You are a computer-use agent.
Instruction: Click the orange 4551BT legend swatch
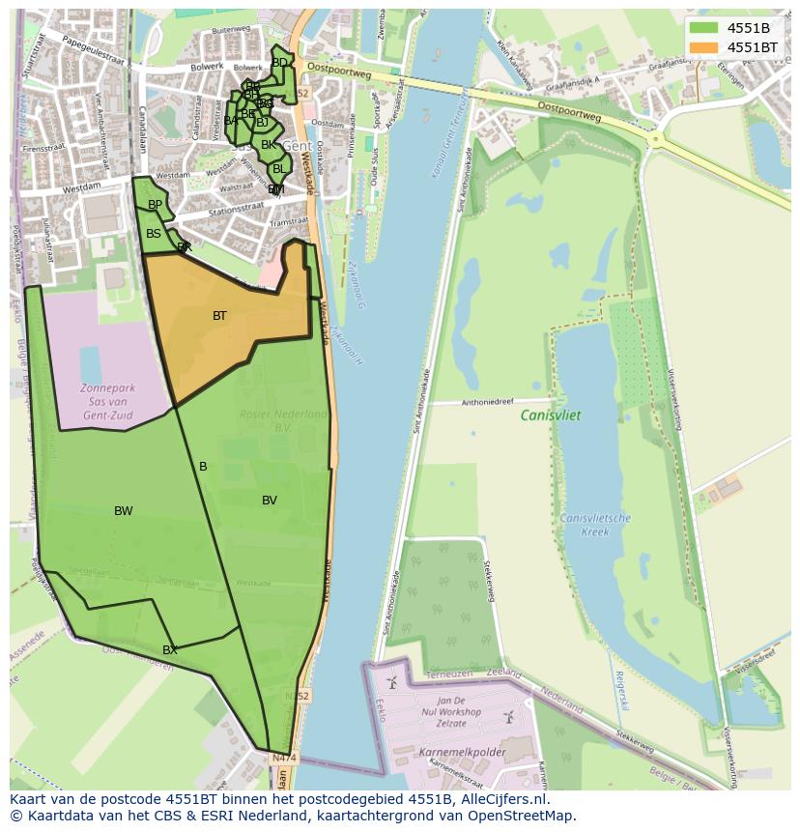(x=704, y=46)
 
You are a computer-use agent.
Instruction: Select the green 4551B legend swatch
(x=704, y=28)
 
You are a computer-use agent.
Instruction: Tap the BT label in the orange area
(x=219, y=316)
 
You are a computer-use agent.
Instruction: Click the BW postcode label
(x=123, y=511)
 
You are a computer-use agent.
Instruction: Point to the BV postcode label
(x=270, y=501)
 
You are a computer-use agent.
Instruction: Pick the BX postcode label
(x=169, y=650)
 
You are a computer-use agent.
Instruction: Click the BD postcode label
(x=279, y=63)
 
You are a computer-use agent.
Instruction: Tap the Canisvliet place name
(x=551, y=416)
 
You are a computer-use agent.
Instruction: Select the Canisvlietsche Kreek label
(x=595, y=525)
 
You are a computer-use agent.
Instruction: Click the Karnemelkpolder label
(x=461, y=751)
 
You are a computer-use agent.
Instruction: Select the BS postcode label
(x=154, y=234)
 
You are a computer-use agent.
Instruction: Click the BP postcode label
(x=155, y=205)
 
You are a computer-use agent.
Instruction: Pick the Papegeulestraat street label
(x=94, y=50)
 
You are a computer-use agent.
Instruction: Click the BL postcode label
(x=279, y=168)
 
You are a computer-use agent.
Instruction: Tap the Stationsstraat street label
(x=237, y=210)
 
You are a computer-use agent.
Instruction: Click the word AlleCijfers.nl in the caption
(x=502, y=799)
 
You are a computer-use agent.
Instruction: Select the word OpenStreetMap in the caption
(x=522, y=816)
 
